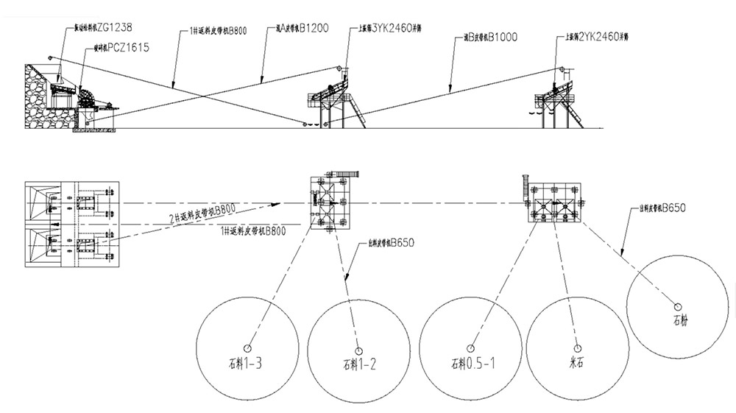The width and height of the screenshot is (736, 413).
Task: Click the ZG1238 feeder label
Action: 103,27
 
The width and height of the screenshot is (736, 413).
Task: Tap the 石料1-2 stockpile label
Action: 360,363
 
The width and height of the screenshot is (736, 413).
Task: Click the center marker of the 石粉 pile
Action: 677,306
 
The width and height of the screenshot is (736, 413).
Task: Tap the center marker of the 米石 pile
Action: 577,347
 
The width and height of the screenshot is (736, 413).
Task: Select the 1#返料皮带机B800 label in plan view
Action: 251,232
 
